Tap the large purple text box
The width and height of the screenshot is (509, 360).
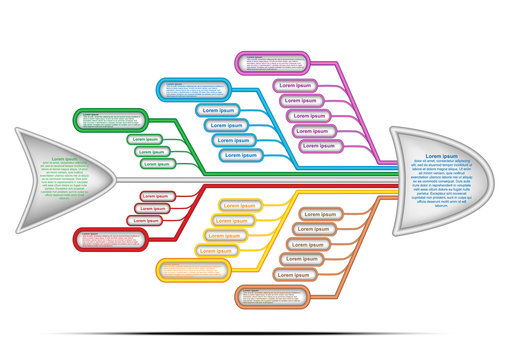(x=274, y=62)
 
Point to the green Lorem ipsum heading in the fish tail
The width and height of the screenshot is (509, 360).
(x=66, y=159)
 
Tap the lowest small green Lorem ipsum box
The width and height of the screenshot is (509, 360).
(x=156, y=163)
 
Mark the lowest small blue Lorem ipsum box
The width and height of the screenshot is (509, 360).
(x=239, y=155)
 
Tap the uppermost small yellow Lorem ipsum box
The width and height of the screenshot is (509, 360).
(x=238, y=206)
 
